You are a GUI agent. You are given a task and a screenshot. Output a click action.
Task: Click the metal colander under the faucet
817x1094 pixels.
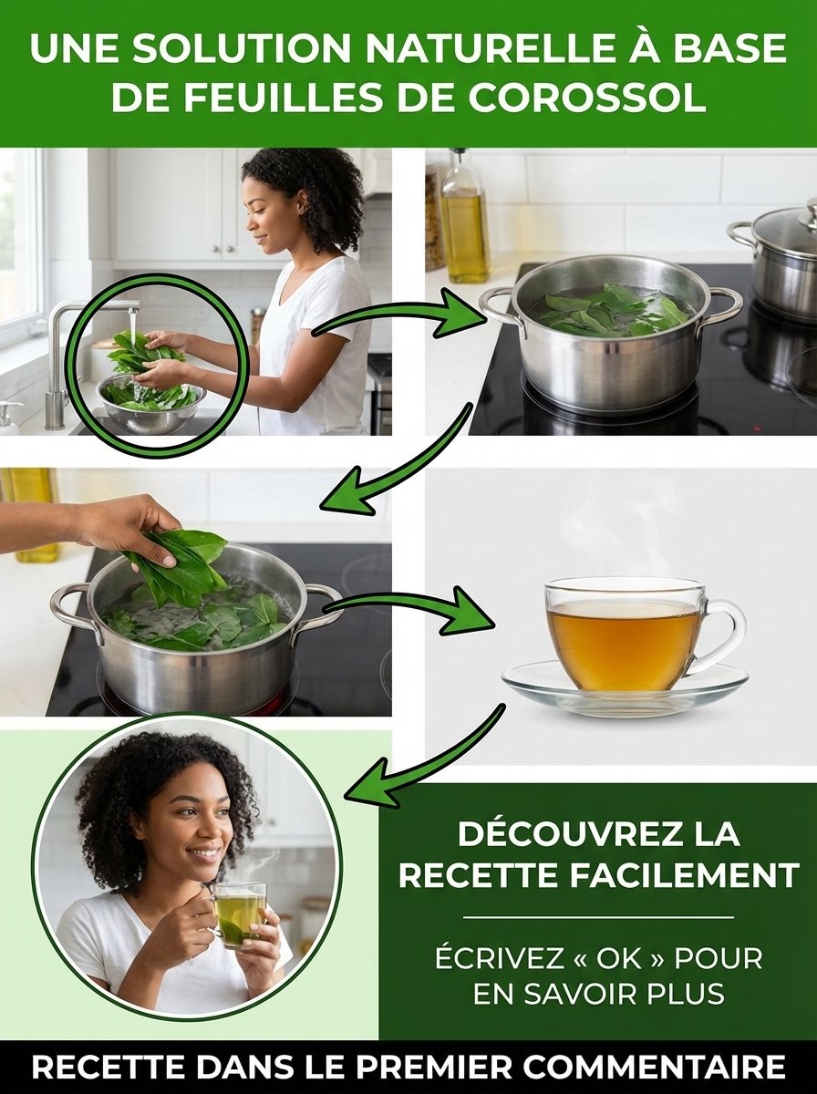click(150, 406)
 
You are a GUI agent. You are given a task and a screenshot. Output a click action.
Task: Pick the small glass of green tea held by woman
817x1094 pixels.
click(239, 912)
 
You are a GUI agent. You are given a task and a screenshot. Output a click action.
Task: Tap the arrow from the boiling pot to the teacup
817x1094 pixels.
click(410, 609)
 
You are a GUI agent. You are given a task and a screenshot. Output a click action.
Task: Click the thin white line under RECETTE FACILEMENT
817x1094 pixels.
click(598, 917)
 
